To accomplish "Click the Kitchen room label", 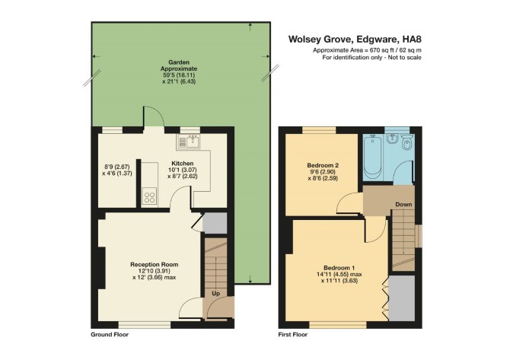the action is point(183,163).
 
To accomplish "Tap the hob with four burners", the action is point(149,196).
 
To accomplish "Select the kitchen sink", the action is point(190,142).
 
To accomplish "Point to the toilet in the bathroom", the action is point(406,142).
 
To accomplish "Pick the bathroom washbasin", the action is point(393,139).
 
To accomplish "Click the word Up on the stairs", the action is point(216,293).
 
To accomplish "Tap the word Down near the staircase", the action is point(403,205).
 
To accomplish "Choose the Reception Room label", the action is point(155,264).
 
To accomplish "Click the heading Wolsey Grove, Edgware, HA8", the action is point(355,40).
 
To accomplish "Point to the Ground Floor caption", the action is point(110,334).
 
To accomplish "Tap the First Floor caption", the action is point(293,334).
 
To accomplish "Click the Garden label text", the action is point(179,62).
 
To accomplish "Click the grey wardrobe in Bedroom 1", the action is point(402,298).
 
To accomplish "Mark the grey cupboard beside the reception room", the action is point(215,223).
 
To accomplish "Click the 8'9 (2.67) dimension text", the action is point(116,167).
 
